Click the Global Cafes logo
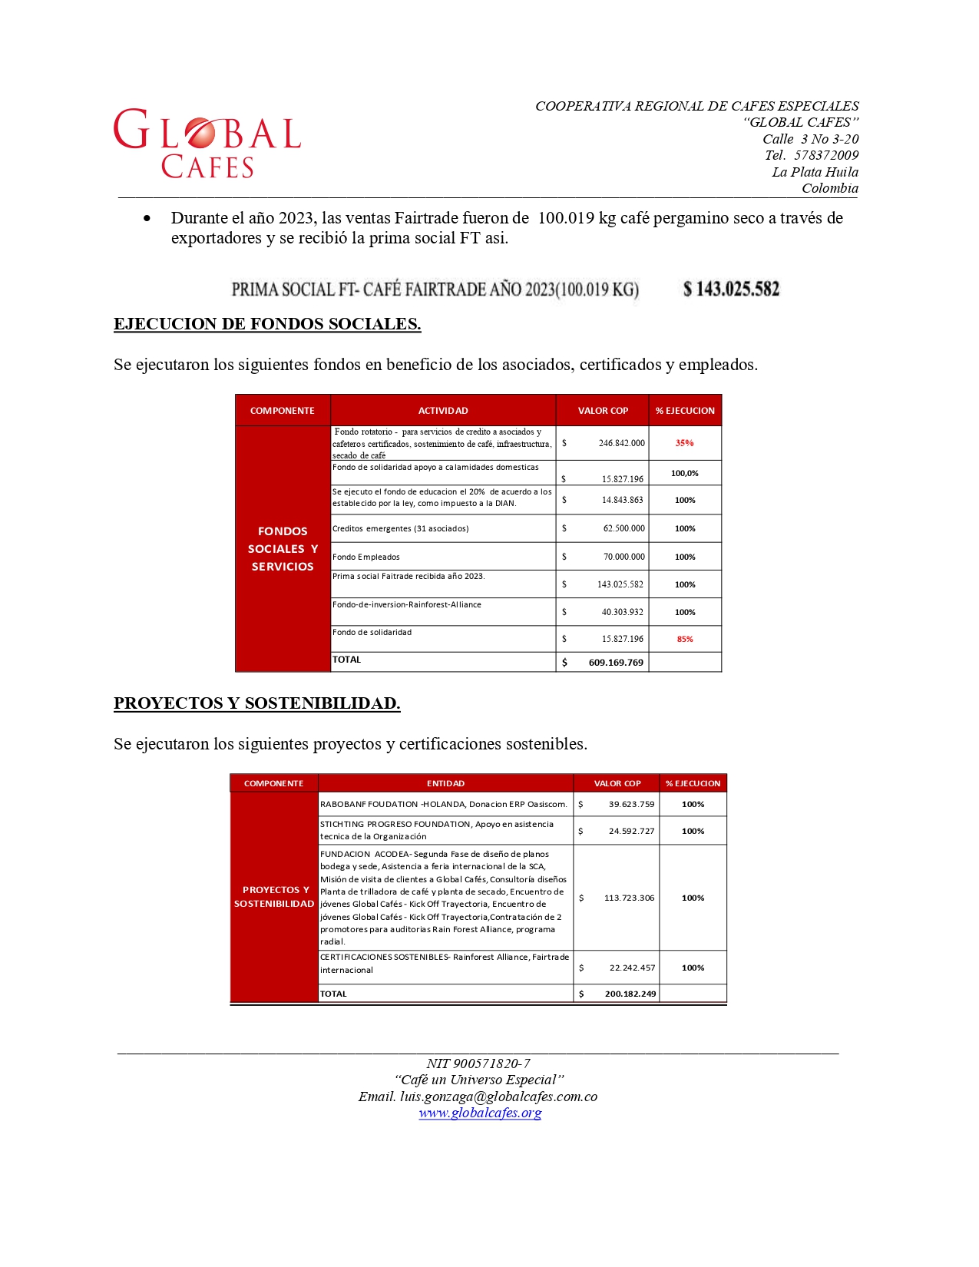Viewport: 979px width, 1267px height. (x=207, y=143)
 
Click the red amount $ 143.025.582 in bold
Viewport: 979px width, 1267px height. (x=731, y=289)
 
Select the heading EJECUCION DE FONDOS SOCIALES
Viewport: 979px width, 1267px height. (x=267, y=324)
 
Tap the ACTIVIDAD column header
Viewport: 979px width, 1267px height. (x=443, y=411)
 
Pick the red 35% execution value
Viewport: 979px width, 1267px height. (x=684, y=443)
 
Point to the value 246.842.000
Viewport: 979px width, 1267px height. (x=621, y=443)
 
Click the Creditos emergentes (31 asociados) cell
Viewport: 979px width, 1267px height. (x=401, y=528)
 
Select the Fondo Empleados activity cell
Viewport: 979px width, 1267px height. (x=366, y=557)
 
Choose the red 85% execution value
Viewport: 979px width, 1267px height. (x=685, y=639)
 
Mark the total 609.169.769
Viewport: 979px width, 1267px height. (x=616, y=663)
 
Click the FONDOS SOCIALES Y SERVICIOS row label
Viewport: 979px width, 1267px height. (x=283, y=549)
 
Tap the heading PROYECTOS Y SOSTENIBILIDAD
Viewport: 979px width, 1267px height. (x=256, y=703)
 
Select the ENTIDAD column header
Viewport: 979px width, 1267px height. (x=445, y=783)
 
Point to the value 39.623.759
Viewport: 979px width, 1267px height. (x=631, y=805)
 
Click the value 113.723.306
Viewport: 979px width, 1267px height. (x=629, y=898)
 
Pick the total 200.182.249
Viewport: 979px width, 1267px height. (x=630, y=994)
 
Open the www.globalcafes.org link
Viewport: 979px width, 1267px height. (x=480, y=1113)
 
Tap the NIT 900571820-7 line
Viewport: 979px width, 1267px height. (x=478, y=1064)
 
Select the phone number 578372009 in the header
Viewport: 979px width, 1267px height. (x=826, y=155)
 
